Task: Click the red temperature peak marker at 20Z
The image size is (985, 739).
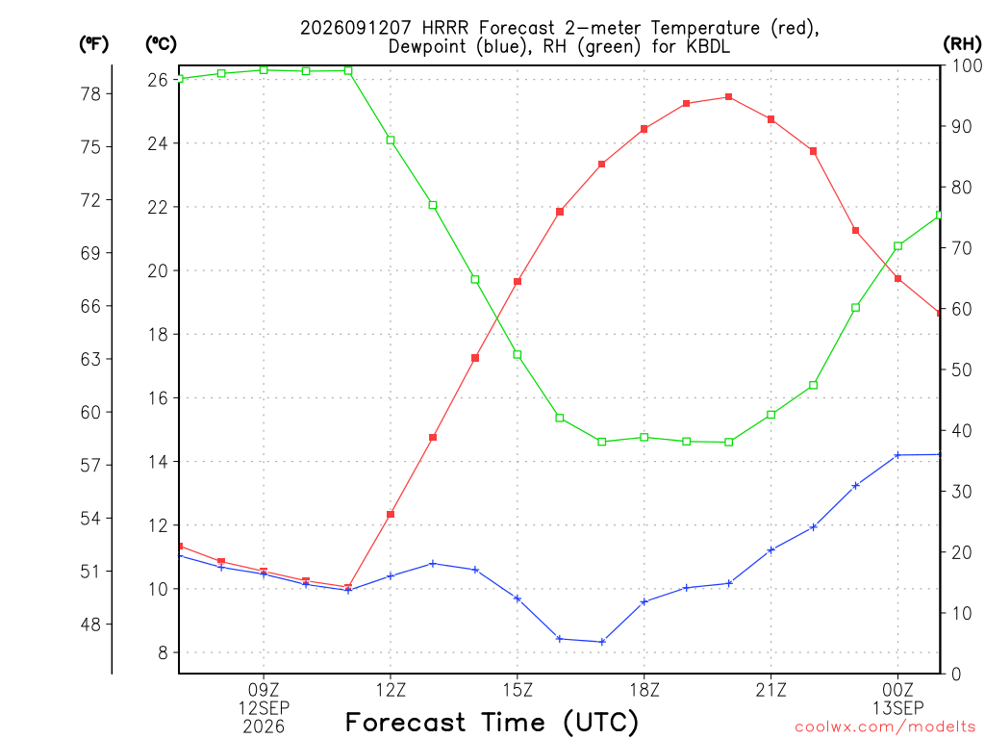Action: [x=729, y=97]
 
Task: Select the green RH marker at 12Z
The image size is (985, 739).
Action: [x=391, y=140]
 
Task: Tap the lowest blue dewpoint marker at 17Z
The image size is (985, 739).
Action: [x=602, y=642]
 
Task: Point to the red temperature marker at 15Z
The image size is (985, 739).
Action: [x=518, y=282]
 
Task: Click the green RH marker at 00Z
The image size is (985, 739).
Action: [x=897, y=246]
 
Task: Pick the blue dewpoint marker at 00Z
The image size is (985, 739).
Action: [x=897, y=455]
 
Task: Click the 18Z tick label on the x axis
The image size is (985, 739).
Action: [x=644, y=690]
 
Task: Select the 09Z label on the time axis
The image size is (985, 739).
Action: [x=264, y=690]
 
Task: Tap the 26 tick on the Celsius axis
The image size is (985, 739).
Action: [x=158, y=80]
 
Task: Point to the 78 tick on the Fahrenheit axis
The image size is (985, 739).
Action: [x=91, y=94]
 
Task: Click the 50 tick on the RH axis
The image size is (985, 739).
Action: [x=961, y=369]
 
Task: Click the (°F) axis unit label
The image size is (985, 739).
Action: [x=93, y=44]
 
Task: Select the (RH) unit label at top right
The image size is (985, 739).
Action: [x=962, y=44]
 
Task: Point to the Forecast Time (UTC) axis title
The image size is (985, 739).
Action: [x=492, y=722]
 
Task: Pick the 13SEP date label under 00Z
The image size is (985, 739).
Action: [x=897, y=708]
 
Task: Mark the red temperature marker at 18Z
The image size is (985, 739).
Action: [x=644, y=129]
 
